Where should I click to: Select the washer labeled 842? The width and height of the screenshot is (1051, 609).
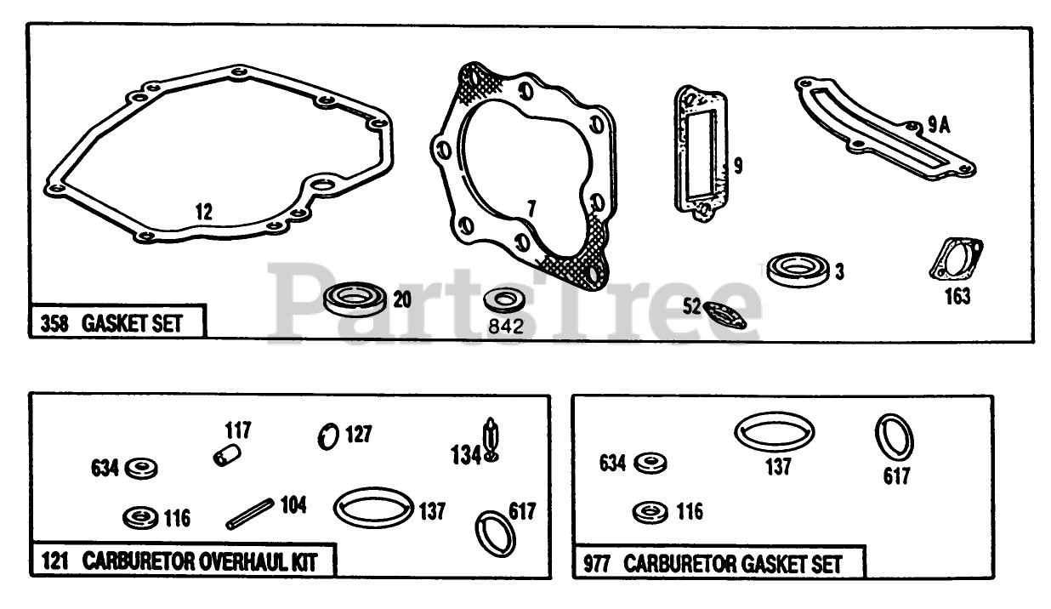[x=503, y=300]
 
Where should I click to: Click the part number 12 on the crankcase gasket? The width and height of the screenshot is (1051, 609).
[x=202, y=212]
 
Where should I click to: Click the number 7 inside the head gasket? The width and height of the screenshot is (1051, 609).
[x=531, y=207]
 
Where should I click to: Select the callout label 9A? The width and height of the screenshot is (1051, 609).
[x=938, y=125]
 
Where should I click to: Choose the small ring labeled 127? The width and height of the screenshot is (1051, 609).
[x=327, y=436]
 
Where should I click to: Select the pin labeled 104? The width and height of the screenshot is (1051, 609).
[x=249, y=513]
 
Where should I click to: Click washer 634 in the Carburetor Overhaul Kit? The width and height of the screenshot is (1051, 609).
[x=141, y=468]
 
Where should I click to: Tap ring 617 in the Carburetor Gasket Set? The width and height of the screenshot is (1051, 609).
[x=894, y=436]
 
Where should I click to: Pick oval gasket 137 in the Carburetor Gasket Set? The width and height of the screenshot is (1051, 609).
[x=774, y=431]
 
